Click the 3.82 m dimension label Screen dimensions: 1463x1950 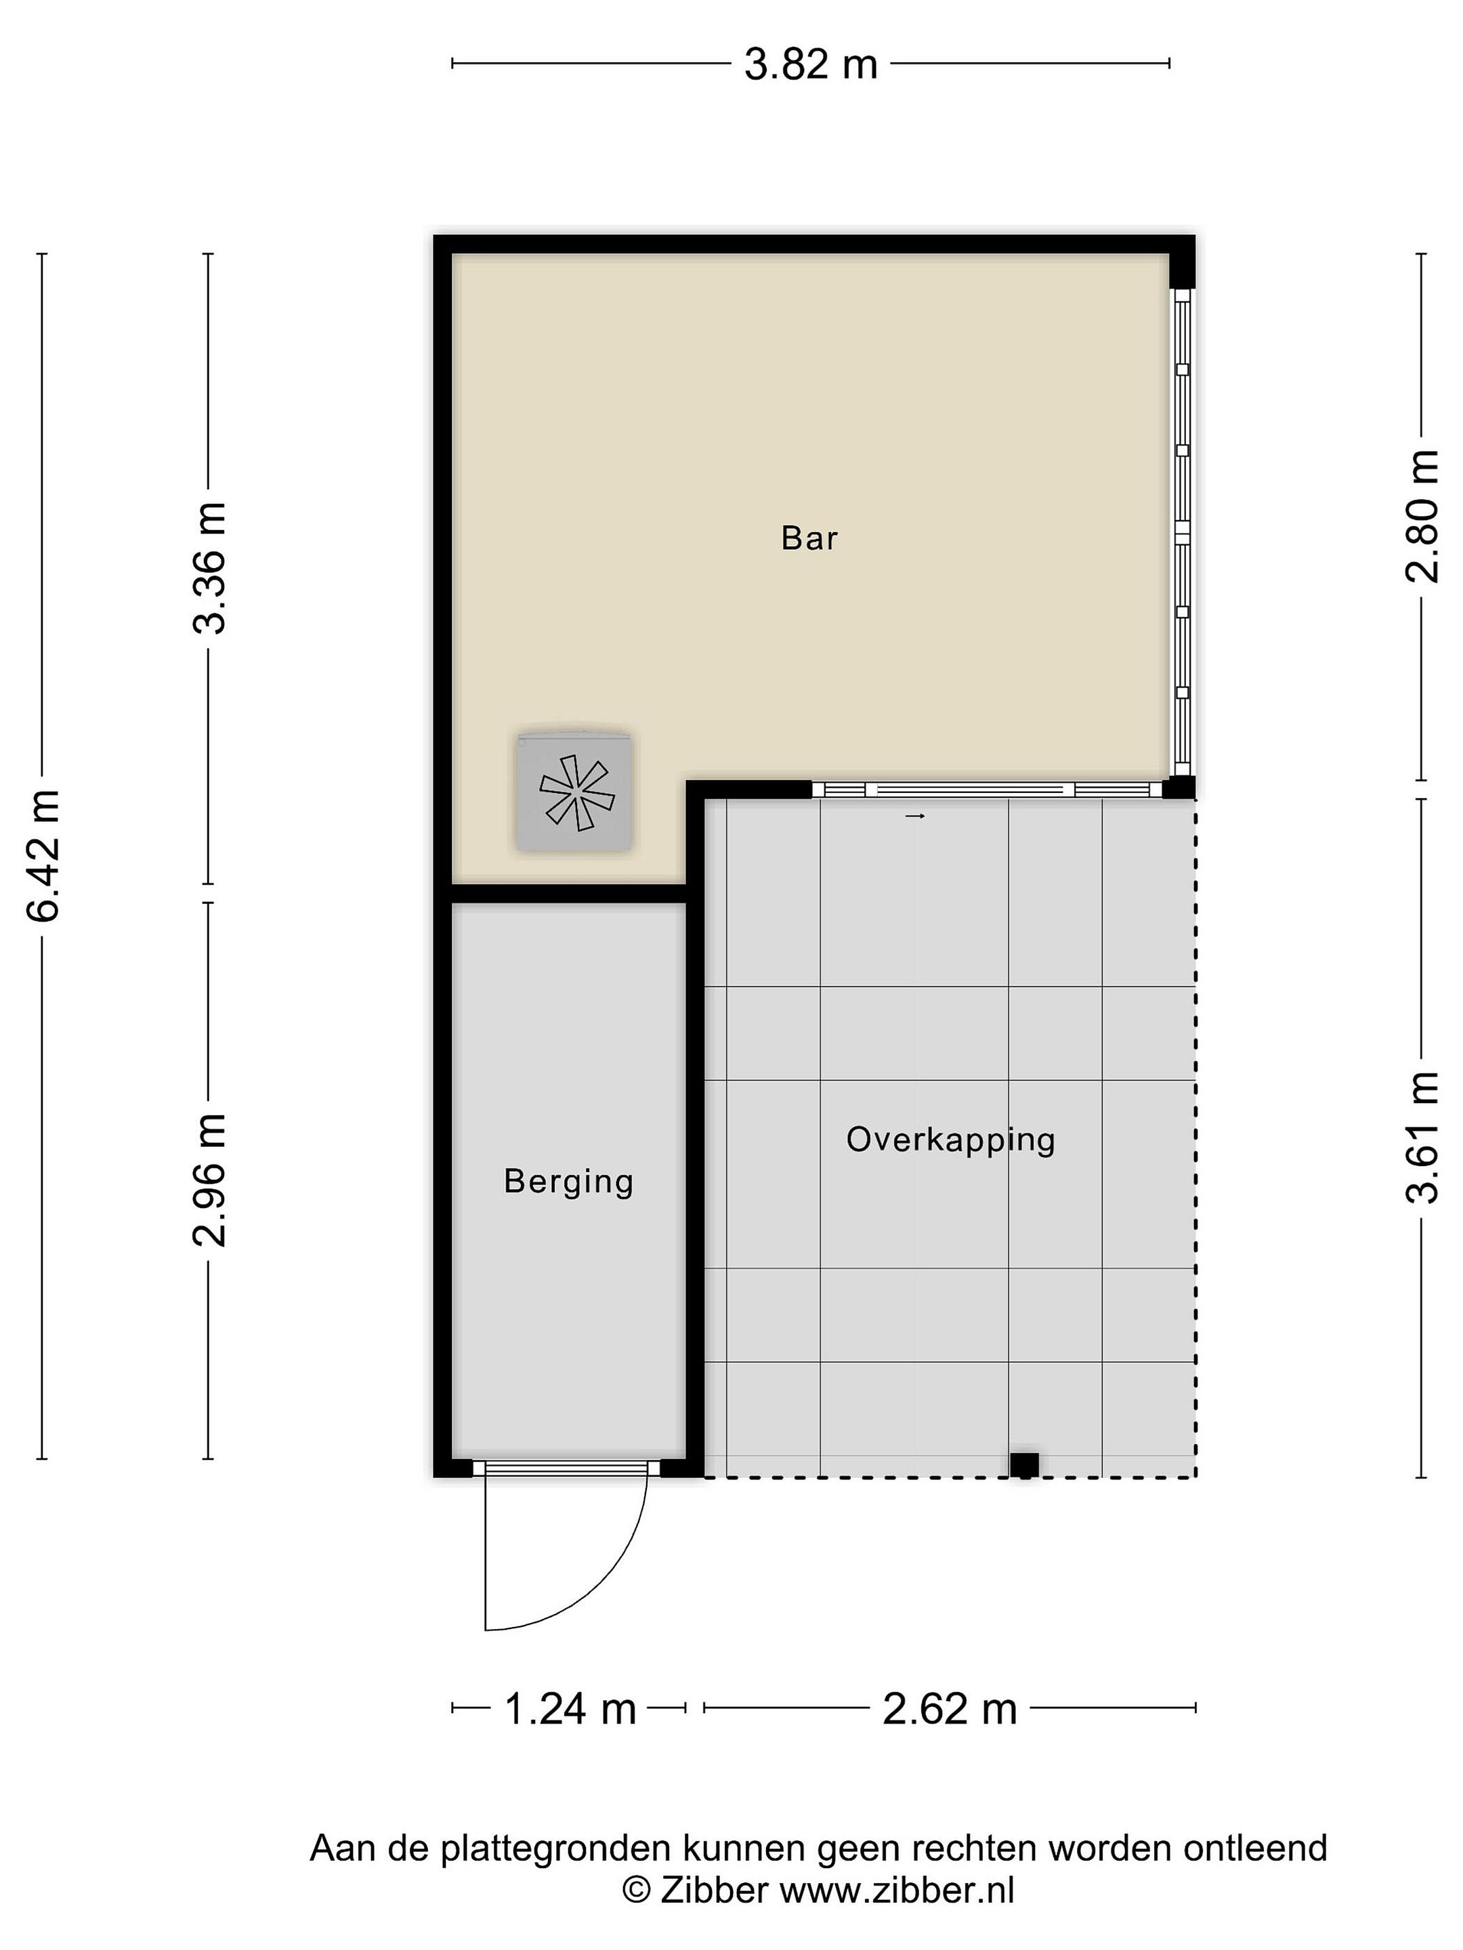point(811,64)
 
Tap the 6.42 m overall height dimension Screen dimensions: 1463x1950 point(43,856)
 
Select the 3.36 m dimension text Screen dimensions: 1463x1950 point(210,567)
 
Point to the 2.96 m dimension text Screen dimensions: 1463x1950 point(210,1180)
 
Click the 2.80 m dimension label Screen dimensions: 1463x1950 point(1422,517)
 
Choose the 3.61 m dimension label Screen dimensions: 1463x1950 point(1422,1137)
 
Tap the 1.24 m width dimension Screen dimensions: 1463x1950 point(570,1708)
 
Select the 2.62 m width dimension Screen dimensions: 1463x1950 point(950,1708)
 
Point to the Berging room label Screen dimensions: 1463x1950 point(569,1182)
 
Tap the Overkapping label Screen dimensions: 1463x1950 point(951,1140)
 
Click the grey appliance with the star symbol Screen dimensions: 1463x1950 point(576,792)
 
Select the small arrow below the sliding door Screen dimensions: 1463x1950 point(914,817)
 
